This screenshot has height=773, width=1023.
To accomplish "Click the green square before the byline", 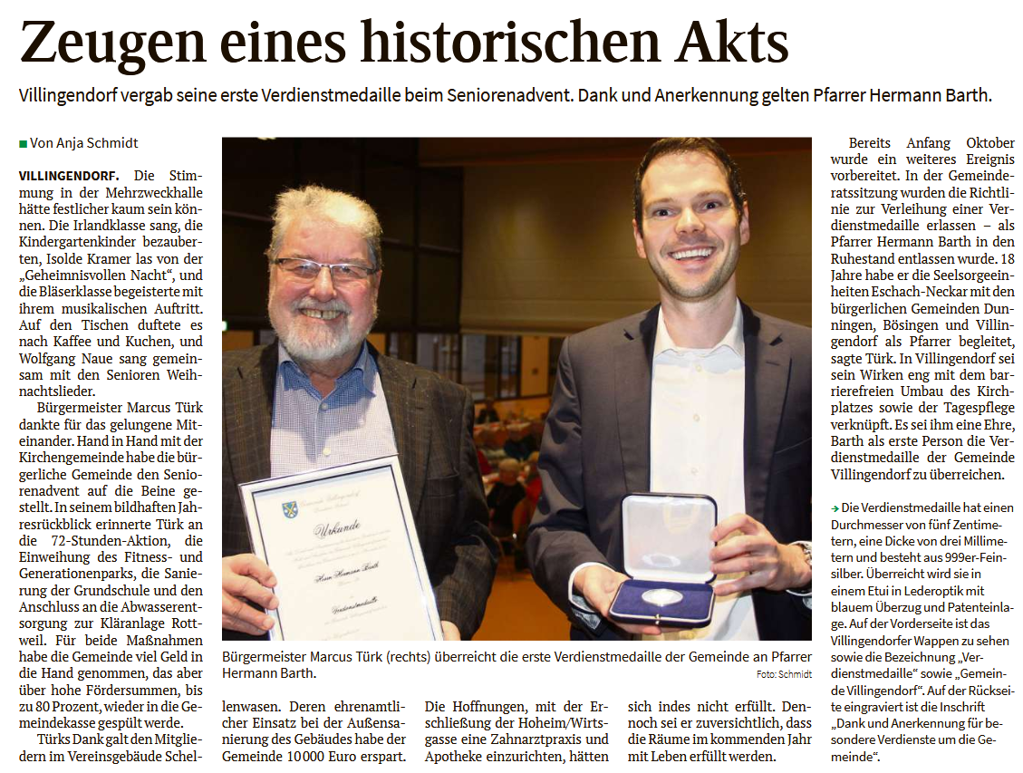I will pos(23,143).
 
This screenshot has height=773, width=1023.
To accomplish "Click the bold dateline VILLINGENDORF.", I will pos(73,174).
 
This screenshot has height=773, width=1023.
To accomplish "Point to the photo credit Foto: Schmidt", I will pos(785,674).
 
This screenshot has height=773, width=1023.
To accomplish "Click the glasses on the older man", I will pos(324,269).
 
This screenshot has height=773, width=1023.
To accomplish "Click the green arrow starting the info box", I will pos(835,508).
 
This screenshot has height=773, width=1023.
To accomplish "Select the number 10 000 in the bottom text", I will pos(310,756).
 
